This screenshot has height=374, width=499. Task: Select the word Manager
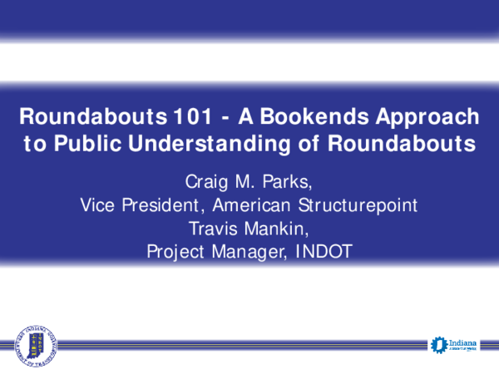point(249,250)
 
